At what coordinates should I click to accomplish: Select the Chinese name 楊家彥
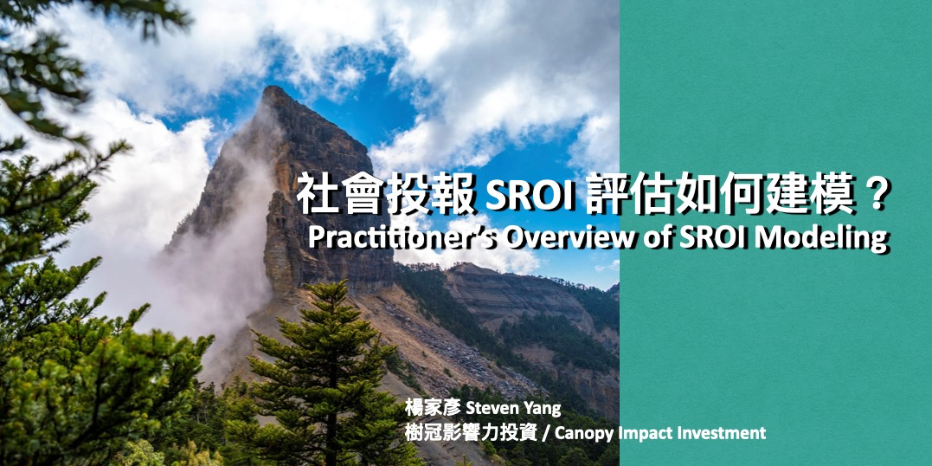(x=434, y=408)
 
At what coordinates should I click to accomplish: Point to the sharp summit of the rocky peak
(x=273, y=88)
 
